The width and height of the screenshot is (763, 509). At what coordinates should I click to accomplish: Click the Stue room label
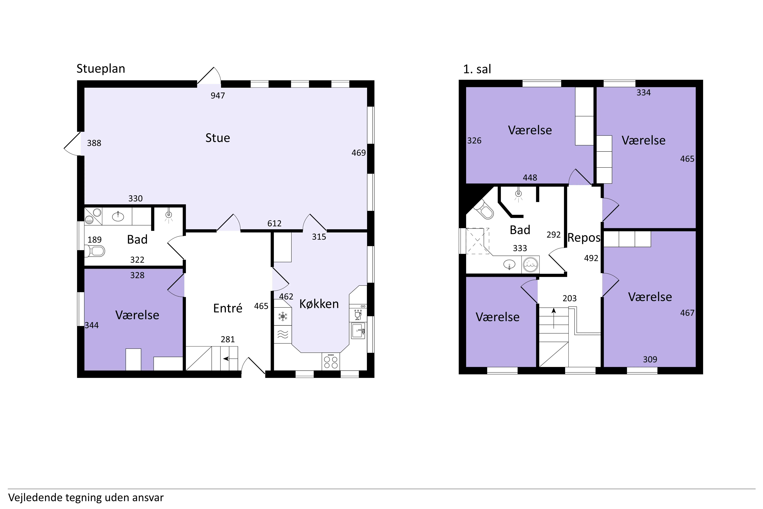[x=218, y=138]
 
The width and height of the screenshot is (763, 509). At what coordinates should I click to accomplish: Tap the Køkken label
[x=319, y=304]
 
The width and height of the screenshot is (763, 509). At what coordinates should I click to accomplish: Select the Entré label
[x=228, y=308]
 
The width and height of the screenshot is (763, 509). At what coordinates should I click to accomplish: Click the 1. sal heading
[x=477, y=69]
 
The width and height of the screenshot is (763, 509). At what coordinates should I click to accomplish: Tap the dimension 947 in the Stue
[x=218, y=95]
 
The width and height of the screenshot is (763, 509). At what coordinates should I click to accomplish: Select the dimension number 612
[x=274, y=223]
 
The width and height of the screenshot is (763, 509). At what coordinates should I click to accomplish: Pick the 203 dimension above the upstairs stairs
[x=570, y=298]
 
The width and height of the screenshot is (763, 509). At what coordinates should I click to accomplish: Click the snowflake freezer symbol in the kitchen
[x=283, y=316]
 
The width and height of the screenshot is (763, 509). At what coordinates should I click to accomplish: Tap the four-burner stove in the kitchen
[x=331, y=361]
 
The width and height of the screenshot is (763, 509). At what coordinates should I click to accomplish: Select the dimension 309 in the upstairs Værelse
[x=650, y=359]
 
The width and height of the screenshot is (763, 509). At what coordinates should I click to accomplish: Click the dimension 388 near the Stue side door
[x=94, y=143]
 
